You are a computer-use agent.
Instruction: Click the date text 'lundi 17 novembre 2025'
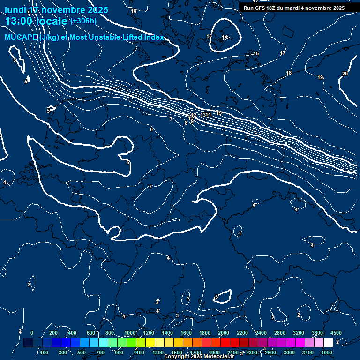pos(56,10)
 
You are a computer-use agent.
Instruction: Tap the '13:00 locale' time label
pos(36,21)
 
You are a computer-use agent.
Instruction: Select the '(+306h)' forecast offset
pos(83,21)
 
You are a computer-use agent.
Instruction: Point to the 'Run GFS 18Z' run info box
pos(294,8)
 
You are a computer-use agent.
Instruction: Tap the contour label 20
pos(345,74)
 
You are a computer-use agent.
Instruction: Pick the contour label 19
pos(320,77)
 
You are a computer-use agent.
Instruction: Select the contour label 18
pos(289,73)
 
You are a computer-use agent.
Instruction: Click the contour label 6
pos(151,129)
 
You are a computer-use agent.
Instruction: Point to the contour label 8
pos(186,123)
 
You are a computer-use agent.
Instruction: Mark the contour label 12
pos(194,115)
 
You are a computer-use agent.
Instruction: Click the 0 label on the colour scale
pos(32,333)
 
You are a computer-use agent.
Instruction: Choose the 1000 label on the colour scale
pos(129,333)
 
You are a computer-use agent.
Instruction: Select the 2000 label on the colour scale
pos(224,333)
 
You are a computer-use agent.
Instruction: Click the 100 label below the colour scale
pos(45,352)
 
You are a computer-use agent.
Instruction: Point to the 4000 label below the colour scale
pos(327,352)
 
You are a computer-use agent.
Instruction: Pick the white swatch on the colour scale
pos(328,343)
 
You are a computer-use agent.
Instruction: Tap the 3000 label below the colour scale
pos(289,352)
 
